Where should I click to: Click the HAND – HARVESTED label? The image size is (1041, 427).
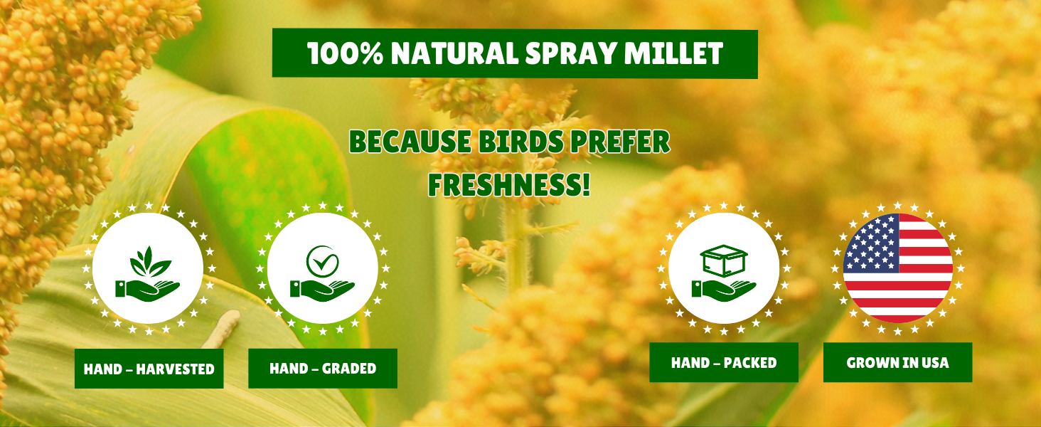click(x=149, y=369)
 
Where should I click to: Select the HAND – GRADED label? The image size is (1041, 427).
click(x=323, y=369)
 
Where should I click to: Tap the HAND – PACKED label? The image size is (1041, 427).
click(x=724, y=363)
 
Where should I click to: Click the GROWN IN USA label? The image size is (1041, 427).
click(x=897, y=363)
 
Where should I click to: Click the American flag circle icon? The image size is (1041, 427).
click(x=897, y=268)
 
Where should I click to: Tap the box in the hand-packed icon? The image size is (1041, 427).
click(x=723, y=260)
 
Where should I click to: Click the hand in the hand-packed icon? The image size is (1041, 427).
click(x=722, y=288)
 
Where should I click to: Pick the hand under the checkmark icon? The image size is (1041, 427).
click(x=321, y=288)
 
